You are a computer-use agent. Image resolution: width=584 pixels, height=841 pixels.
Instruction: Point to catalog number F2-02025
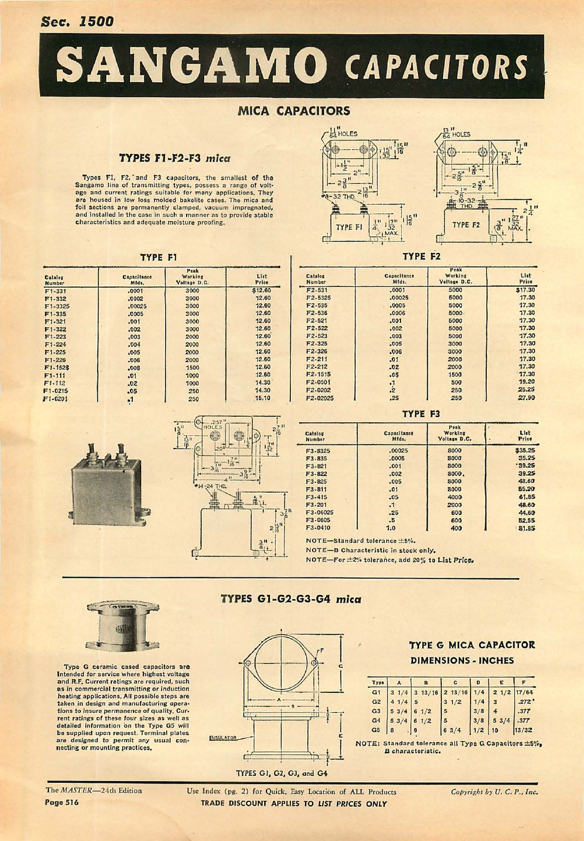[x=320, y=398]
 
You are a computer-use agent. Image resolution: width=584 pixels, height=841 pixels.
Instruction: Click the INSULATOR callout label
[x=223, y=738]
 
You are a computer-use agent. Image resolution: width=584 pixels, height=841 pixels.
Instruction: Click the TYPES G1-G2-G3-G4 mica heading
[x=290, y=599]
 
